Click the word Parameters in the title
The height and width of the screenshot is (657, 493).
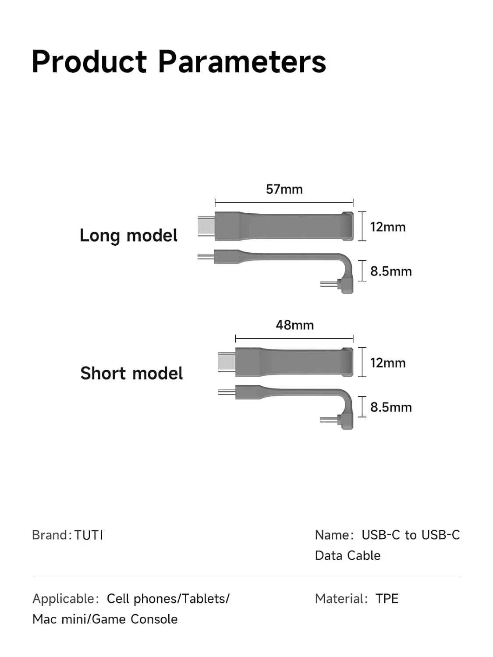(242, 61)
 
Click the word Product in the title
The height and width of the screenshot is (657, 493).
(89, 61)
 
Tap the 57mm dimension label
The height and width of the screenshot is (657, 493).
(284, 189)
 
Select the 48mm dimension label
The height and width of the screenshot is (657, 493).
(294, 325)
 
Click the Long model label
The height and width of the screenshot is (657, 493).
(128, 236)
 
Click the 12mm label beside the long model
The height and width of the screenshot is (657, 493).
(388, 227)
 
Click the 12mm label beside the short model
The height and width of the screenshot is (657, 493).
(388, 363)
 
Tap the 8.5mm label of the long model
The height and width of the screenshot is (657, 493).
(391, 271)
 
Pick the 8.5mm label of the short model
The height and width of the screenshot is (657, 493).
(391, 407)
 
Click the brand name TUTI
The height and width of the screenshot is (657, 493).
(89, 535)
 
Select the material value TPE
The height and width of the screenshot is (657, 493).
(387, 598)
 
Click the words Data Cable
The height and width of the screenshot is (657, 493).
(348, 555)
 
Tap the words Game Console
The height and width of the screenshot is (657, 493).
(135, 619)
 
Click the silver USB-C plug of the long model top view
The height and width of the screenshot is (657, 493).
(206, 226)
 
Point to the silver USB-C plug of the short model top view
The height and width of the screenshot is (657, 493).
(227, 362)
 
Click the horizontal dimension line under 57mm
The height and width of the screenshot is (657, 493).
(284, 203)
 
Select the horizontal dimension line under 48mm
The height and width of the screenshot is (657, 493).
(294, 339)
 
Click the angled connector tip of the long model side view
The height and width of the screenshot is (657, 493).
(329, 284)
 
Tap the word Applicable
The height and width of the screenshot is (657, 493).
(64, 599)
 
